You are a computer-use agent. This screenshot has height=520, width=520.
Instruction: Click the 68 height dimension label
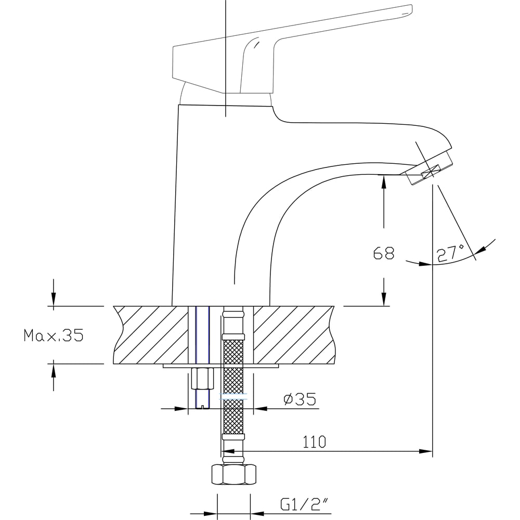pos(384,253)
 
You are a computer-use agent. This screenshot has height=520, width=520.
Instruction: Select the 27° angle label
pos(450,253)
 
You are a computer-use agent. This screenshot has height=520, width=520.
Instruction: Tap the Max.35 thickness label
pos(54,335)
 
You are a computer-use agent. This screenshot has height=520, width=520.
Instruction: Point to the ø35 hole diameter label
pos(300,399)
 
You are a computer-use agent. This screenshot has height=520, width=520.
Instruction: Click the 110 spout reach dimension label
pos(315,442)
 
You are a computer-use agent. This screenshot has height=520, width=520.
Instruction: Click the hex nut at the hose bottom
pos(233,474)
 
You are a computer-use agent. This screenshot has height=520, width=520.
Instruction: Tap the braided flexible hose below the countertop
pos(233,385)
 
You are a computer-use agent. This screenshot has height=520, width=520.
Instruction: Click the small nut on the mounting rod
pos(202,378)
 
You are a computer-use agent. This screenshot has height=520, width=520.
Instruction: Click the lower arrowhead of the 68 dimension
pos(384,300)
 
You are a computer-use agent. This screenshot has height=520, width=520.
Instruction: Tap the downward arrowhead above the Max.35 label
pos(54,301)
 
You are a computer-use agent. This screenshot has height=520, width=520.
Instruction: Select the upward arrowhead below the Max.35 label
pos(54,369)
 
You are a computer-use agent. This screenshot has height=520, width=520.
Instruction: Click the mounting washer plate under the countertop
pos(221,366)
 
